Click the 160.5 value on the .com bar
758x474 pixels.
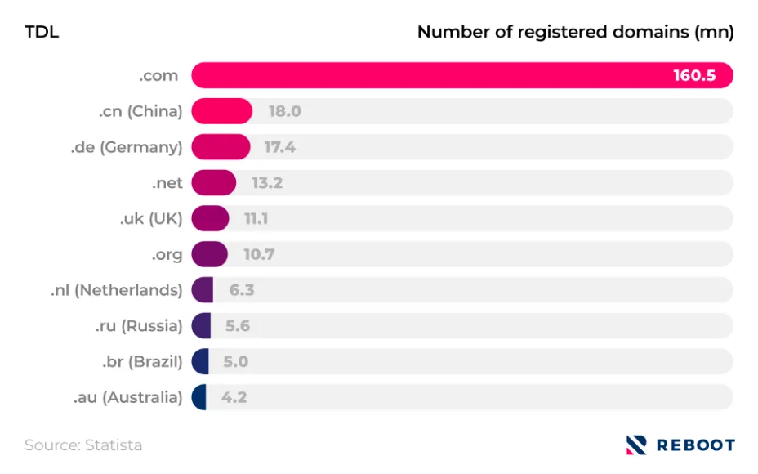coord(693,76)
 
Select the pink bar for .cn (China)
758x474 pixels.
coord(221,111)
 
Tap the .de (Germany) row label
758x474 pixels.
coord(126,147)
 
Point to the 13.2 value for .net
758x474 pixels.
coord(267,183)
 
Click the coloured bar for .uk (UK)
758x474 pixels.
coord(210,218)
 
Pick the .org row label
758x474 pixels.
coord(167,254)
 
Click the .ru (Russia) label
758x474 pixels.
coord(137,326)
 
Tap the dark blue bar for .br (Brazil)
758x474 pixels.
coord(200,361)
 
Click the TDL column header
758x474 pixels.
coord(42,33)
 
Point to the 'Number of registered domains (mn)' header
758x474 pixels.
coord(575,33)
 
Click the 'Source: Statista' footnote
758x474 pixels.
coord(83,445)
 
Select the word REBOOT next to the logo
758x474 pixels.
coord(695,445)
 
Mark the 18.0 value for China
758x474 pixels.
coord(285,111)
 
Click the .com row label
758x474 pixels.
coord(158,76)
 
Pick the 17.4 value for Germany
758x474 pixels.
coord(279,147)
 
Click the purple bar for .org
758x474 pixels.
coord(209,254)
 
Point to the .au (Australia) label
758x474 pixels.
coord(127,397)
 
